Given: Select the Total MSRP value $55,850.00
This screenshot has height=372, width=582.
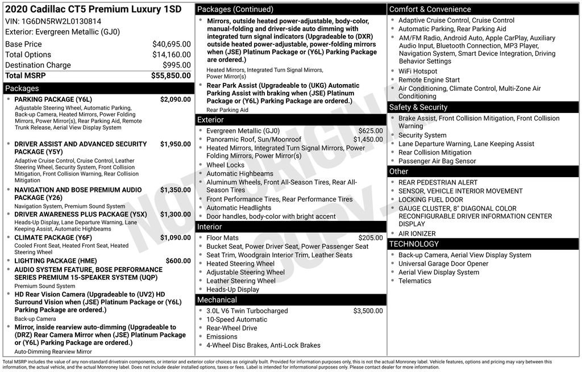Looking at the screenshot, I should click(x=171, y=76).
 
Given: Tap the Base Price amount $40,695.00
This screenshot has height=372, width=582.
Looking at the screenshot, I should click(x=172, y=44).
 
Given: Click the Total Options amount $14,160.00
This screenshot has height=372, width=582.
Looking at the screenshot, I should click(x=172, y=55).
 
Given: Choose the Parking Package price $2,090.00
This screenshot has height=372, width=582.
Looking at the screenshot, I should click(x=176, y=99).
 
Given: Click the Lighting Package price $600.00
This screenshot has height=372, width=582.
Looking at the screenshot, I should click(x=178, y=261).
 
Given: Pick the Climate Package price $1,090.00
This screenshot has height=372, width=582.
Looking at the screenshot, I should click(x=176, y=237).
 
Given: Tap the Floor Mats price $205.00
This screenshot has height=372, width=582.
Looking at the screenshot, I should click(x=371, y=238).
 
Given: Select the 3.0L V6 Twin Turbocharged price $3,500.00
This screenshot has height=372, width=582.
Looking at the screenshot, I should click(x=368, y=311).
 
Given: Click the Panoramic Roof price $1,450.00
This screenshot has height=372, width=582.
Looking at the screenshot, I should click(x=368, y=139).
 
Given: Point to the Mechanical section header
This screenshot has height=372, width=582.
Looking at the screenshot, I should click(x=217, y=300).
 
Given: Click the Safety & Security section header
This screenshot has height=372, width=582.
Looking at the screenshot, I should click(x=418, y=107).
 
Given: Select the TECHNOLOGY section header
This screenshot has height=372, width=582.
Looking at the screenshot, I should click(x=414, y=244).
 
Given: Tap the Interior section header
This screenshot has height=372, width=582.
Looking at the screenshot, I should click(x=210, y=227).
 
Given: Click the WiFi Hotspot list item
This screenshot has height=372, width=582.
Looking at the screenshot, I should click(x=418, y=72).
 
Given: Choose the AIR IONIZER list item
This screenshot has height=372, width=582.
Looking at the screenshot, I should click(x=417, y=233).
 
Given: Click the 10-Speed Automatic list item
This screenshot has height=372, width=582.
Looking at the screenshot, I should click(x=236, y=319).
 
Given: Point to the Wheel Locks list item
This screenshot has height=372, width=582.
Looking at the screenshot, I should click(x=225, y=165).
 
